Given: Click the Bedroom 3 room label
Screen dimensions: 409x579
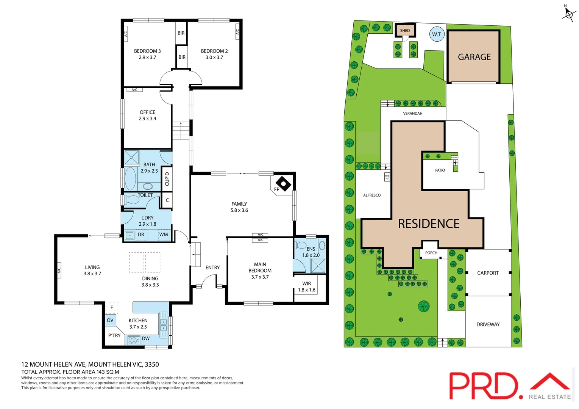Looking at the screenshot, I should (147, 51).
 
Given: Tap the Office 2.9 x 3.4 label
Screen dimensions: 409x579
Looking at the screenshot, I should (147, 115).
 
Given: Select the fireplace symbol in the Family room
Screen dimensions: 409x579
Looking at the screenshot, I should (283, 184).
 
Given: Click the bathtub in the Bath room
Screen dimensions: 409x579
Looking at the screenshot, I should (130, 178).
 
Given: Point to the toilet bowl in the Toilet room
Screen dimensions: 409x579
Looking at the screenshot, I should (132, 199).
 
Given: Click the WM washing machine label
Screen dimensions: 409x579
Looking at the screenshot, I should (164, 235).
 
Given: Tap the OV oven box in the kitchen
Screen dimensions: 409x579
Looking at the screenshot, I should (110, 320).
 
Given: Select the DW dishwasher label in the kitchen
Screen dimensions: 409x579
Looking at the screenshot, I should (146, 339).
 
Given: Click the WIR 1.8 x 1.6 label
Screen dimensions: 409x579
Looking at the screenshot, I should (307, 287).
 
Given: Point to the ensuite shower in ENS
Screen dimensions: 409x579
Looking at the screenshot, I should (318, 265).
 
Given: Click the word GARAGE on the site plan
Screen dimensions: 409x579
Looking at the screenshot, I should (474, 57).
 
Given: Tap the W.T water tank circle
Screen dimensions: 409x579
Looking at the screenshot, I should (437, 34).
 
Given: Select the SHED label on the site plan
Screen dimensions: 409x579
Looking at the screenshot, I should (405, 31).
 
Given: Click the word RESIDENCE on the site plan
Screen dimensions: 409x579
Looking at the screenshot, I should (429, 224).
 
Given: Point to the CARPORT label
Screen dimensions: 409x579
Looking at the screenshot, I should (488, 273).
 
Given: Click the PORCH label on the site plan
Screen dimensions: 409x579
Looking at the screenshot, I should (431, 253).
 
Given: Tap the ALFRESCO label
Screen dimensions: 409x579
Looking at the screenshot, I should (372, 195).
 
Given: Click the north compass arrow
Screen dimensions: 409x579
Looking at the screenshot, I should (568, 14).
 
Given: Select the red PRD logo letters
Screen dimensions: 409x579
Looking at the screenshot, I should (483, 386).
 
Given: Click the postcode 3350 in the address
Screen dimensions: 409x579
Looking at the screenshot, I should (152, 365).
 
